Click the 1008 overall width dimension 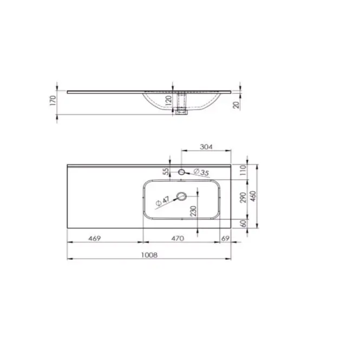(x=149, y=255)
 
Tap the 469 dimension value (x=95, y=239)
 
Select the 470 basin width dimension (x=178, y=239)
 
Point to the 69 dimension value (x=225, y=239)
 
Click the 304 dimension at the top (x=206, y=147)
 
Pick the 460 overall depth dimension (x=253, y=196)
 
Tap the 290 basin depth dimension (x=243, y=198)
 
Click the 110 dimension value (x=243, y=170)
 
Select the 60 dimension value (x=244, y=223)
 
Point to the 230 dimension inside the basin (x=194, y=211)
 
